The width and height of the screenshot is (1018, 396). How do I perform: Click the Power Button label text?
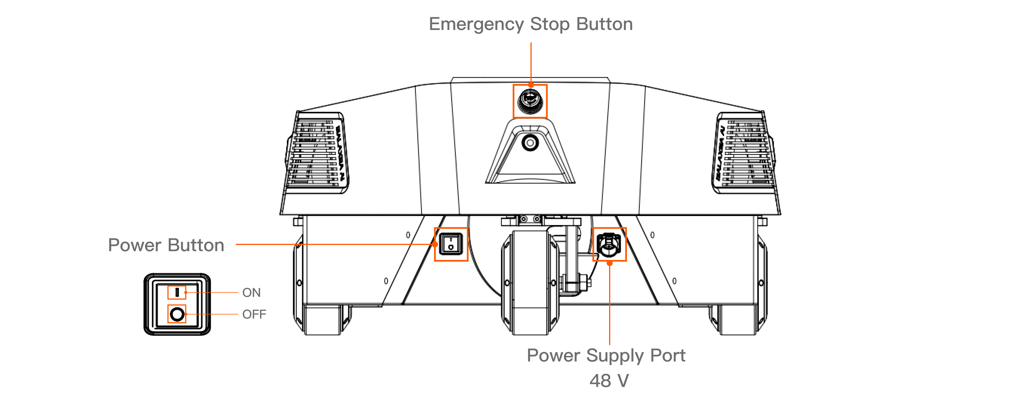pos(166,245)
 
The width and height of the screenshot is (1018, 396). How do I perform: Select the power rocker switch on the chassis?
pos(451,244)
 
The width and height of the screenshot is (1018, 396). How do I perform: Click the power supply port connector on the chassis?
pos(609,244)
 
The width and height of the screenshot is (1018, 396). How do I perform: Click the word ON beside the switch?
pos(251,293)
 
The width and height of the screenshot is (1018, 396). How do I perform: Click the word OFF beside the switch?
pos(254,315)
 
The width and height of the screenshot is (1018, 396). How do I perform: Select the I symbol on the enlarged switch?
pos(177,292)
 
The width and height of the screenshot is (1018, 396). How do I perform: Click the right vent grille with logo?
pos(743,154)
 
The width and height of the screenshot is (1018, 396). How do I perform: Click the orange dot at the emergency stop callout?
pos(531,85)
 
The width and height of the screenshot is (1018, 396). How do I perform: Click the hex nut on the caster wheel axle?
pos(583,283)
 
